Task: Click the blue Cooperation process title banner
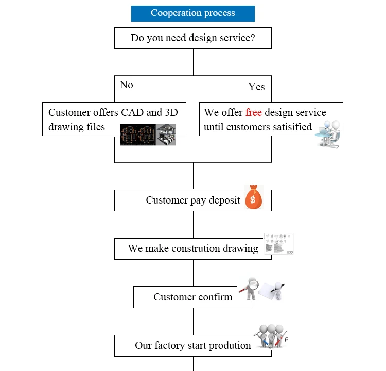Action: (x=193, y=13)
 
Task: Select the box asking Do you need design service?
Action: (x=193, y=38)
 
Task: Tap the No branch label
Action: (x=127, y=85)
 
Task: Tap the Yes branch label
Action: (x=256, y=87)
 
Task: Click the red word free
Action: (x=254, y=112)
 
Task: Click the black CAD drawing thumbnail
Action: (x=137, y=135)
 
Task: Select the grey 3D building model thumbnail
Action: (x=166, y=135)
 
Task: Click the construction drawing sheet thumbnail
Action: (x=278, y=243)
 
